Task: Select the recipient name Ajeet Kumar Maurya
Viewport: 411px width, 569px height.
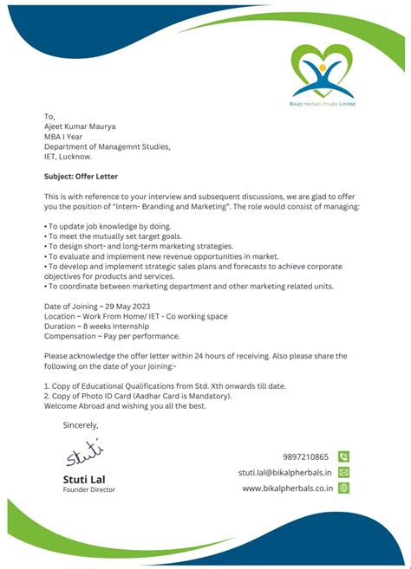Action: [80, 126]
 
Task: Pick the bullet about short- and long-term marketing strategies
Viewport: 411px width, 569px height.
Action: [140, 246]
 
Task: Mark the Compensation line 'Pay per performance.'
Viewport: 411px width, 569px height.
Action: [112, 337]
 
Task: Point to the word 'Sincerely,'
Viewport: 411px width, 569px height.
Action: [81, 425]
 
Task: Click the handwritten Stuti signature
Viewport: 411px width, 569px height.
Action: [83, 453]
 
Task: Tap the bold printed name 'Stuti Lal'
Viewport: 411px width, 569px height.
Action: [85, 479]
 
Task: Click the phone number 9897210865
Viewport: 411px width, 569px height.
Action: [305, 456]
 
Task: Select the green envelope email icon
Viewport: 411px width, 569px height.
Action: [343, 472]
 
